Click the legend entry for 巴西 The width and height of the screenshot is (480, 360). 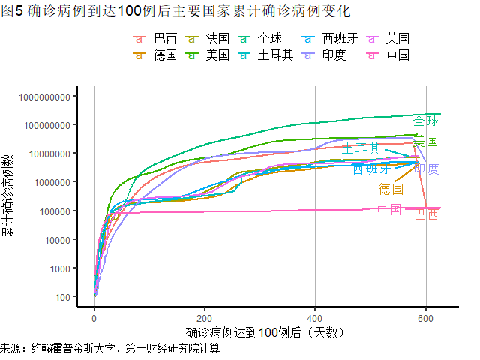click(x=157, y=38)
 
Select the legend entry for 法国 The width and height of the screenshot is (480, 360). click(x=210, y=38)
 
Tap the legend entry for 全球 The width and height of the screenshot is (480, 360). click(x=262, y=38)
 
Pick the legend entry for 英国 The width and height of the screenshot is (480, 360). click(x=390, y=38)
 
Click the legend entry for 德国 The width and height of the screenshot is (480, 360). click(x=157, y=55)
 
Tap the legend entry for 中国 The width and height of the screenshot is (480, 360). click(x=390, y=55)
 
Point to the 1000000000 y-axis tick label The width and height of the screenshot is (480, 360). click(x=45, y=97)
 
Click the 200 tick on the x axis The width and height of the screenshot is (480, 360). click(x=205, y=318)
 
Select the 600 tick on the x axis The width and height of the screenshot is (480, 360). click(x=425, y=318)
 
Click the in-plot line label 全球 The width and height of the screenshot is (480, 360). click(x=425, y=121)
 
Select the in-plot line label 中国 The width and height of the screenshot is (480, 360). click(x=389, y=208)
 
